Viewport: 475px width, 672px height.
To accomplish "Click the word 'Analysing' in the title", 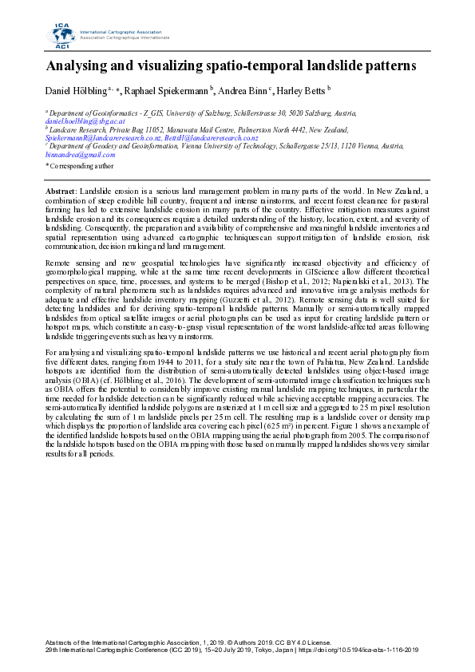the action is point(81,65).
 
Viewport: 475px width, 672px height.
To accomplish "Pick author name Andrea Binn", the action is point(244,92).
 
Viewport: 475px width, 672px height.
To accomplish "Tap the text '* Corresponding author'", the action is point(80,165).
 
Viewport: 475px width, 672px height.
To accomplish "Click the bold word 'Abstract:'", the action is point(61,193).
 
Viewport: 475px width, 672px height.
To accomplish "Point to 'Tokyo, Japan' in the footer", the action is point(271,649).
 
